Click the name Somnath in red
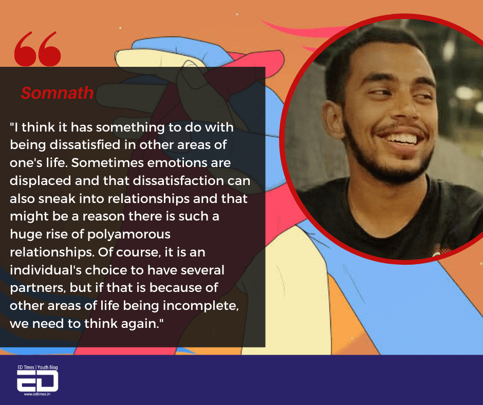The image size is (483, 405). [x=57, y=93]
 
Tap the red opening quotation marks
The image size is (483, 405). [x=38, y=49]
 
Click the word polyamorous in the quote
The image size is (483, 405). [x=129, y=235]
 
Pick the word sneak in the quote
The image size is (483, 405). [x=57, y=198]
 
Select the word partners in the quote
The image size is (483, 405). [x=38, y=288]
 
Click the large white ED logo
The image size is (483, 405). [x=38, y=381]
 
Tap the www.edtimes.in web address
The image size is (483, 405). [x=38, y=394]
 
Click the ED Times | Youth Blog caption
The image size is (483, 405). [x=38, y=367]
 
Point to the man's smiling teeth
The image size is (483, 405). [x=401, y=138]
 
